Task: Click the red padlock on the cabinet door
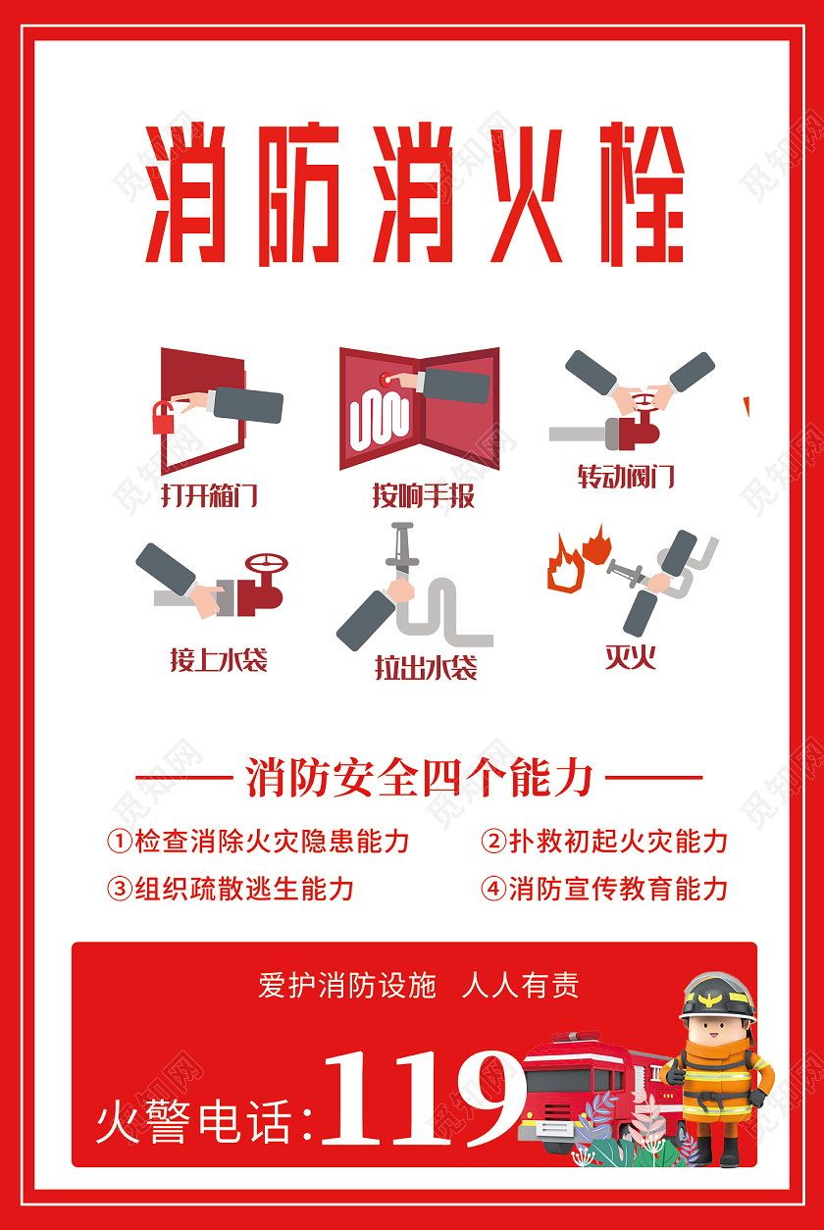(162, 419)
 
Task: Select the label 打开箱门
(209, 494)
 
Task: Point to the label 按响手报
(423, 495)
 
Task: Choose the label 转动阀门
(626, 477)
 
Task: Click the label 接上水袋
(218, 659)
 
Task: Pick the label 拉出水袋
(425, 668)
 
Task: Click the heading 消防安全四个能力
(419, 779)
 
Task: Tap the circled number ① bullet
(119, 842)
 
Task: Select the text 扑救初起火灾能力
(617, 842)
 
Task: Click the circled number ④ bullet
(492, 890)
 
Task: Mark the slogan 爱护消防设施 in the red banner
(346, 985)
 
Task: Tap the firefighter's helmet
(718, 997)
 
